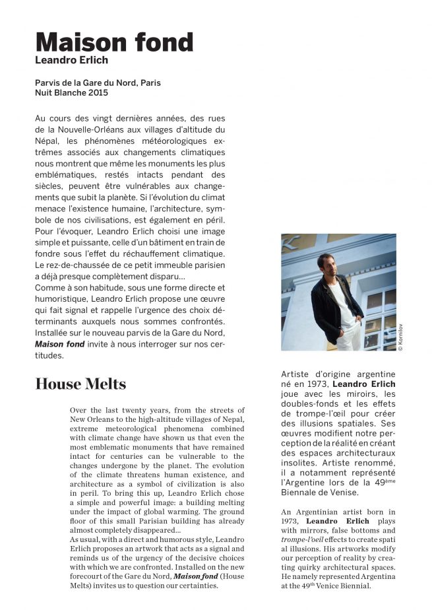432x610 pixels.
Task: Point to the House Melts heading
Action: click(x=80, y=384)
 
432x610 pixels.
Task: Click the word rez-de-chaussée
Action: click(x=81, y=265)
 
